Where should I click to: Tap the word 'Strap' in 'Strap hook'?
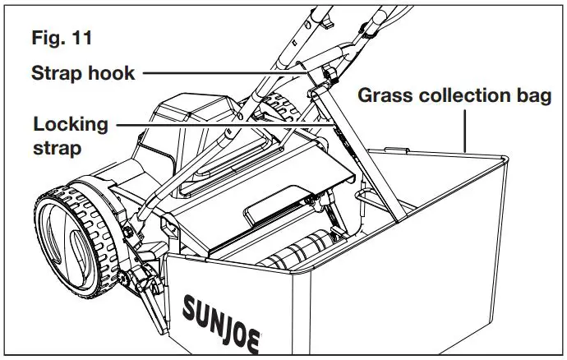pos(57,72)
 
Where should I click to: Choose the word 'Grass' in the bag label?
pos(385,95)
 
